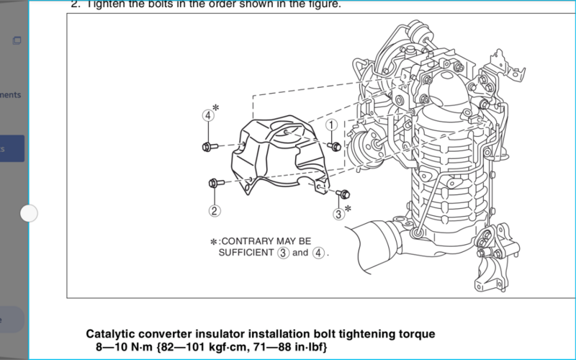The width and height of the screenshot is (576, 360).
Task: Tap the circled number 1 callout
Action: coord(331,125)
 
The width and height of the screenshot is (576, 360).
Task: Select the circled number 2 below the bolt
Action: coord(215,210)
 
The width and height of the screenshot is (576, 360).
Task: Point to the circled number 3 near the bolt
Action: coord(338,212)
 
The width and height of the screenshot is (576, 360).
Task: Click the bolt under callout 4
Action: coord(207,147)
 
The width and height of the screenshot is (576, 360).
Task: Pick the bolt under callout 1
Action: coord(334,146)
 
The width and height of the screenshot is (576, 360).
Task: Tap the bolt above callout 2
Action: coord(215,183)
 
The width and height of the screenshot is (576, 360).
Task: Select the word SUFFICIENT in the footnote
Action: coord(245,253)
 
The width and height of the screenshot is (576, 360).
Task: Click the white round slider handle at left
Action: coord(29,213)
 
